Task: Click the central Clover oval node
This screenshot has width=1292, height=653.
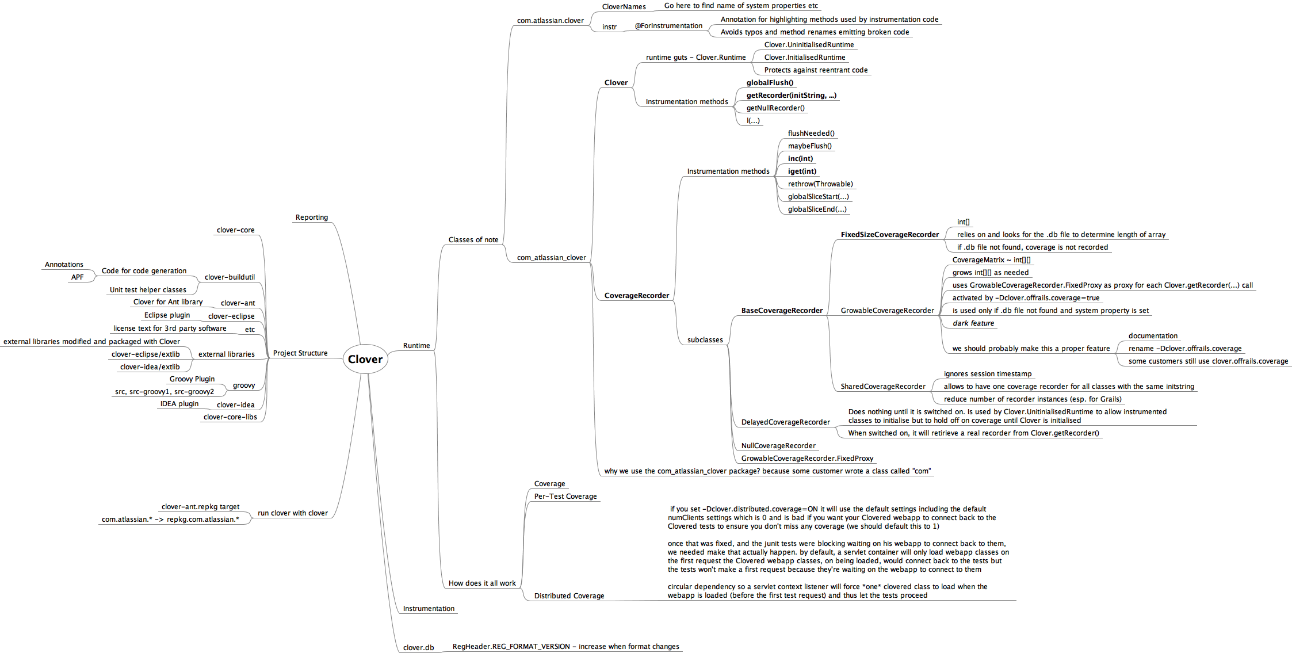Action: pyautogui.click(x=365, y=359)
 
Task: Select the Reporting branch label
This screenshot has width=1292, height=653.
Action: pyautogui.click(x=311, y=217)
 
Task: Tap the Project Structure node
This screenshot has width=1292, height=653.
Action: pyautogui.click(x=300, y=353)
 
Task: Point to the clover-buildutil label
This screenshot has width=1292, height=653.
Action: pyautogui.click(x=230, y=277)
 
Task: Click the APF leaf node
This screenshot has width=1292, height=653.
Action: pyautogui.click(x=77, y=277)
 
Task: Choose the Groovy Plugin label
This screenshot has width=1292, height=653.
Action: pyautogui.click(x=192, y=379)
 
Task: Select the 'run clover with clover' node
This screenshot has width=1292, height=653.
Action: pyautogui.click(x=292, y=513)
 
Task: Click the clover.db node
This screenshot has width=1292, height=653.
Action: pyautogui.click(x=418, y=647)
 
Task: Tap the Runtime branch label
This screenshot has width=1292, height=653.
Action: pyautogui.click(x=416, y=346)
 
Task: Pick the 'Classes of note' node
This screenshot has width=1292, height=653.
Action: pyautogui.click(x=473, y=240)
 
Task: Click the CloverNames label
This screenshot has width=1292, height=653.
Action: pyautogui.click(x=624, y=7)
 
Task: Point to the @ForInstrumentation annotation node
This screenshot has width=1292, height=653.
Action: pyautogui.click(x=668, y=26)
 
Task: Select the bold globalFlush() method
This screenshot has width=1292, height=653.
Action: pyautogui.click(x=770, y=83)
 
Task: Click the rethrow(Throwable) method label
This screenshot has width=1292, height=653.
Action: pyautogui.click(x=820, y=184)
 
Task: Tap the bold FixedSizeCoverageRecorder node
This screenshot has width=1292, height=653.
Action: pyautogui.click(x=889, y=235)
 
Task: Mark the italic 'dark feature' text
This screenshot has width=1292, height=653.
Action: pyautogui.click(x=973, y=323)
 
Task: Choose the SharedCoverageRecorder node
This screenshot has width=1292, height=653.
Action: pyautogui.click(x=883, y=387)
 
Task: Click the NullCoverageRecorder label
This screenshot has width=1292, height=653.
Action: pyautogui.click(x=778, y=446)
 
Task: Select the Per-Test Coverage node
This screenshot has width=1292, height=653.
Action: pyautogui.click(x=565, y=497)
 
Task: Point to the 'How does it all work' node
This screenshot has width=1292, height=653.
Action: pyautogui.click(x=482, y=583)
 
